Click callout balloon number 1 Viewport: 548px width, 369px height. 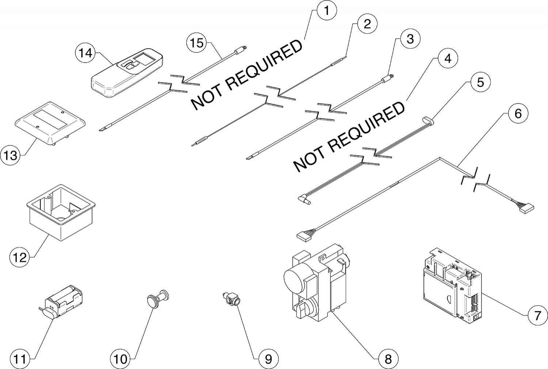coord(326,10)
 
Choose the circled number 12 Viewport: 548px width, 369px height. coord(20,258)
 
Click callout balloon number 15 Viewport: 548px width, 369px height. coord(197,43)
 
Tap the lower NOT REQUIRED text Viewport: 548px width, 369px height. coord(349,137)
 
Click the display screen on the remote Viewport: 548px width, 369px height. coord(145,59)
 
